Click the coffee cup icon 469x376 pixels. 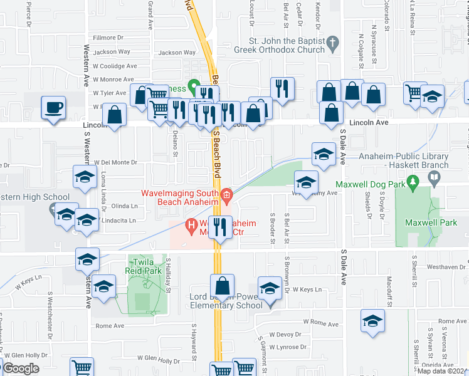tap(53, 107)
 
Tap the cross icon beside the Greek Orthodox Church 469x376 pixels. tap(333, 43)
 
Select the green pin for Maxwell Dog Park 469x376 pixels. tap(413, 182)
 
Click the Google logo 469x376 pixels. tap(20, 368)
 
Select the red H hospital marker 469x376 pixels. tap(192, 224)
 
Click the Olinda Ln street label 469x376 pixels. tap(124, 206)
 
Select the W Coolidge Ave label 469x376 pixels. tap(115, 66)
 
